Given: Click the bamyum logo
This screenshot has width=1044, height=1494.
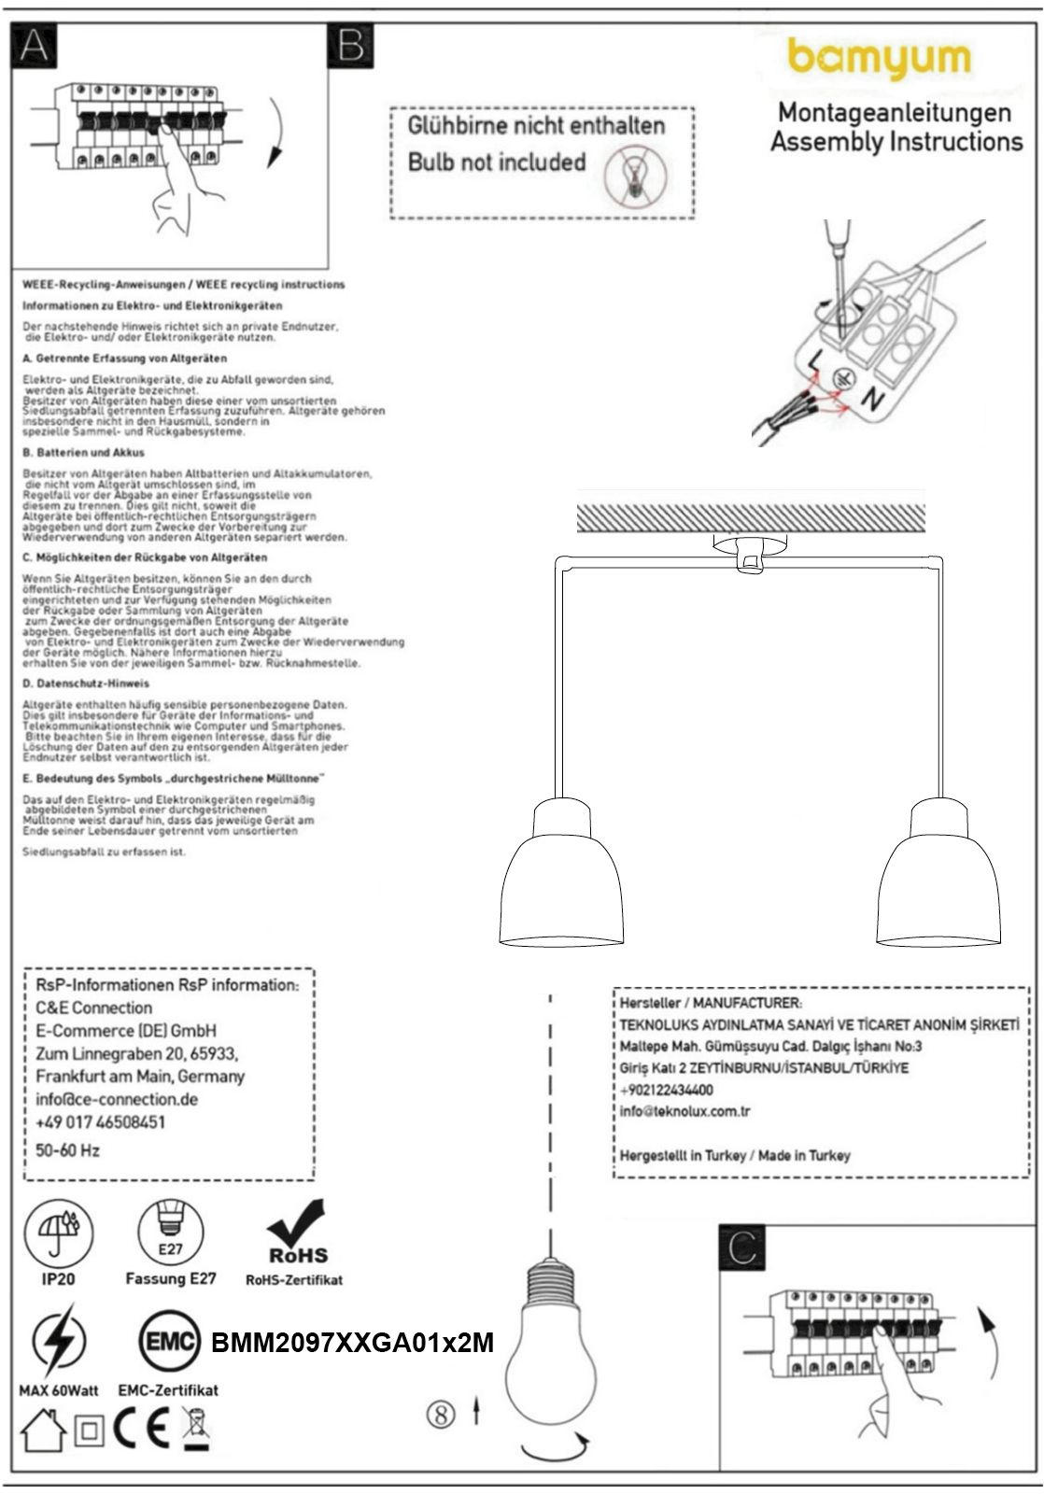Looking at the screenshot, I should click(879, 59).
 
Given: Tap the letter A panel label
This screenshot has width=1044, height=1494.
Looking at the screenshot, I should click(33, 44).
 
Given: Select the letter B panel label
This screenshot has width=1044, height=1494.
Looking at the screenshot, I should click(351, 44).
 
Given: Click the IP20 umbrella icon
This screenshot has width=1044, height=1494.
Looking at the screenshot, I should click(58, 1231).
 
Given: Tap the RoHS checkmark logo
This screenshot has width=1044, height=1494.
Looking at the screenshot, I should click(297, 1233).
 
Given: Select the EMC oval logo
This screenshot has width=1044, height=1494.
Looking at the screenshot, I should click(170, 1342).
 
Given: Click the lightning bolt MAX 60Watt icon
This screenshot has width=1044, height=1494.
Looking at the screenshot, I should click(58, 1342).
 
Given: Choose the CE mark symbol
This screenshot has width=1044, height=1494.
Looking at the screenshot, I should click(143, 1428).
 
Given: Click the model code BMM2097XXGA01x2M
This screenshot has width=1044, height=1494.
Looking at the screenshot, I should click(352, 1343).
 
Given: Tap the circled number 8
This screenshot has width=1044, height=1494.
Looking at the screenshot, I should click(441, 1414).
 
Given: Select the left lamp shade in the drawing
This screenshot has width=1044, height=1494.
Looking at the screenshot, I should click(561, 882).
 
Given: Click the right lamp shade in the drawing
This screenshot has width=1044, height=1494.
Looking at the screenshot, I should click(938, 882).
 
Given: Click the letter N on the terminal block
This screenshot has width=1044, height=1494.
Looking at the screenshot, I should click(871, 401).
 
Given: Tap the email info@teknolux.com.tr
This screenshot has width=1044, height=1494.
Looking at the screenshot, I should click(684, 1111).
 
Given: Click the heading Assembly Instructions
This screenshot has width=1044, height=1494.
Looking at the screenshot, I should click(896, 142).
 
